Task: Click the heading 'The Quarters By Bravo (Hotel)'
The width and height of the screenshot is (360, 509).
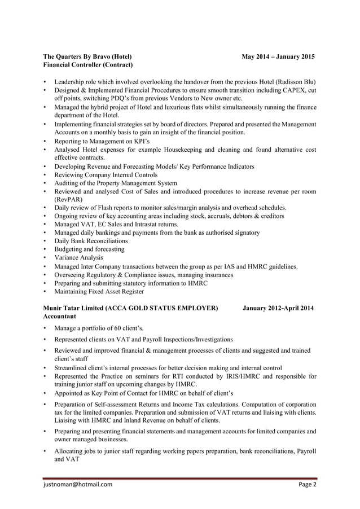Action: (88, 57)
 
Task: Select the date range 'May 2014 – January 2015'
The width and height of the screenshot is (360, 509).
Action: (278, 57)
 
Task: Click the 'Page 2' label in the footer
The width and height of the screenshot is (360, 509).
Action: (307, 484)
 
